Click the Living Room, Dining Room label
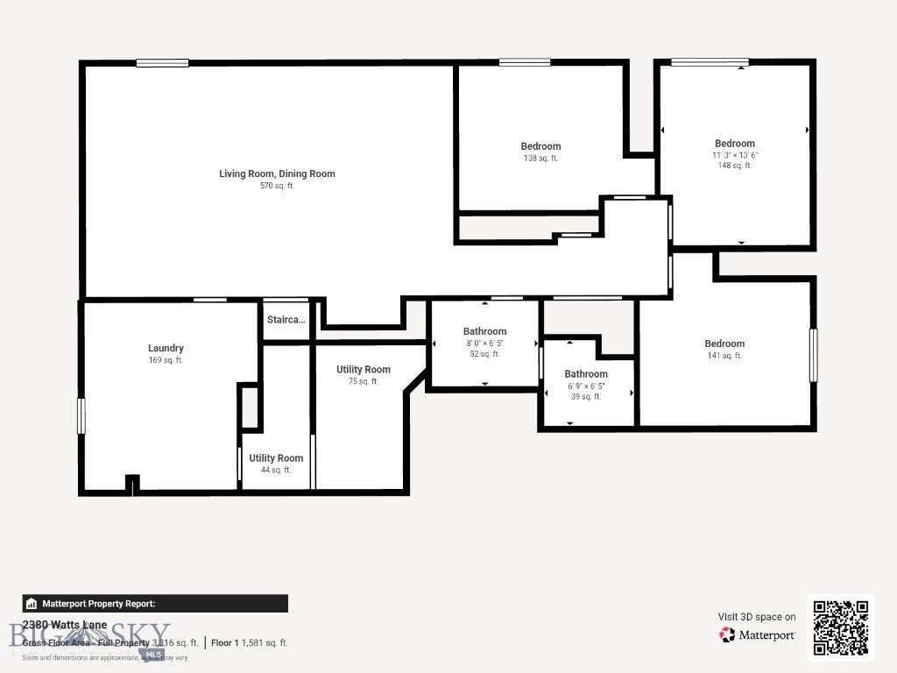pos(277,174)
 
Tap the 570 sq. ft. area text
pos(277,186)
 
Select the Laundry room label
pos(166,348)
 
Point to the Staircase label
pos(286,320)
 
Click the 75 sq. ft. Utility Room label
pos(363,369)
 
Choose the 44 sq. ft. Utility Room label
pos(276,457)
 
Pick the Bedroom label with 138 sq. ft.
pos(540,146)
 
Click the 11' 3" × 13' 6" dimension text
pos(734,155)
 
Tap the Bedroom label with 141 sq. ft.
pos(724,344)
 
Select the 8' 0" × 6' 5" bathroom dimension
pos(484,343)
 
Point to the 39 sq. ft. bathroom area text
pos(586,397)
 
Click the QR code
pos(840,627)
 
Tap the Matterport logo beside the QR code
pos(757,634)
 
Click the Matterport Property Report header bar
pos(155,603)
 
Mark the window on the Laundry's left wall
pos(81,415)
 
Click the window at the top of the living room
pos(162,62)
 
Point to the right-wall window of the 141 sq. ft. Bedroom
pos(813,354)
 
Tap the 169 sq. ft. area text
pos(166,360)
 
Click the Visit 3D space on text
pos(757,617)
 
